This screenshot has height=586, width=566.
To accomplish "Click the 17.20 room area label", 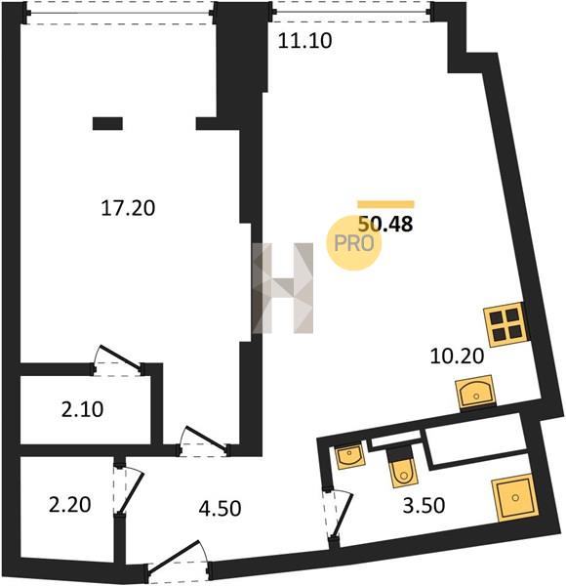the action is pos(128,209).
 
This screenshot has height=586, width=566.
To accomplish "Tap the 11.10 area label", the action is pos(305,41).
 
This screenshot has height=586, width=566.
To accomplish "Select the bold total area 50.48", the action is pos(385,225).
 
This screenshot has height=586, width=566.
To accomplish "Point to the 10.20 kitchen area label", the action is pos(457,356).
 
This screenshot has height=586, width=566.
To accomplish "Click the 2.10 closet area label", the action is pos(82,409).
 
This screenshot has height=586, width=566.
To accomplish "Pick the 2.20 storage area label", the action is pos(70,505).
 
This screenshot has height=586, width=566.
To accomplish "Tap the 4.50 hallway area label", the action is pos(220,509).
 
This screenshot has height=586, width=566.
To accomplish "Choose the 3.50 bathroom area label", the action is pos(424,506).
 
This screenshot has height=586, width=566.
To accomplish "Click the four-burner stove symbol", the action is pos(506,324).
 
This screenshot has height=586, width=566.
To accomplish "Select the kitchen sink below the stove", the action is pos(475,392).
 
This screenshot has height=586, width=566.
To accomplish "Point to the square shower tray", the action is pos(515,497).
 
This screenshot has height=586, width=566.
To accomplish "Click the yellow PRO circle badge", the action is pos(353,243).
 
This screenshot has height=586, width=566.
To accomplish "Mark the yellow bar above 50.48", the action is pos(385,204).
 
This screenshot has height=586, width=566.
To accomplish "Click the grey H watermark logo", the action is pos(282,288).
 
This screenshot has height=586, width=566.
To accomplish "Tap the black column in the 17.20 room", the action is pos(107,123).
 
